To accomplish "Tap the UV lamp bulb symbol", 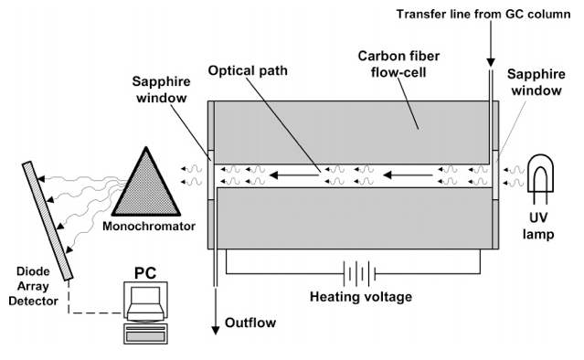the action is [540, 179].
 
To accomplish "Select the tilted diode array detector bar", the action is [48, 220].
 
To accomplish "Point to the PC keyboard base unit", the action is [145, 334].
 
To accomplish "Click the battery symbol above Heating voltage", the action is [359, 273].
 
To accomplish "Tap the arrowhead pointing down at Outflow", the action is [216, 330].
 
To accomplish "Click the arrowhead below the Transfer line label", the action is [491, 62].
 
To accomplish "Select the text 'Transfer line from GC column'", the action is [483, 14].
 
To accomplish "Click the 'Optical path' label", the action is [248, 70].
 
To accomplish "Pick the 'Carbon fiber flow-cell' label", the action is [398, 64].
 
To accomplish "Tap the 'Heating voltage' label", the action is [361, 297].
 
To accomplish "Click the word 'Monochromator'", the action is [149, 226].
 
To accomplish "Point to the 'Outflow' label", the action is [250, 323].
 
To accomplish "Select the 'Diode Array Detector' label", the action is [33, 286].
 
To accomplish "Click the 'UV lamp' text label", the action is [538, 226].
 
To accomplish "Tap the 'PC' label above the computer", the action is [145, 273].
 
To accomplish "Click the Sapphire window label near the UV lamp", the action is [536, 82].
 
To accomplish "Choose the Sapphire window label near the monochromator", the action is [161, 90].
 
